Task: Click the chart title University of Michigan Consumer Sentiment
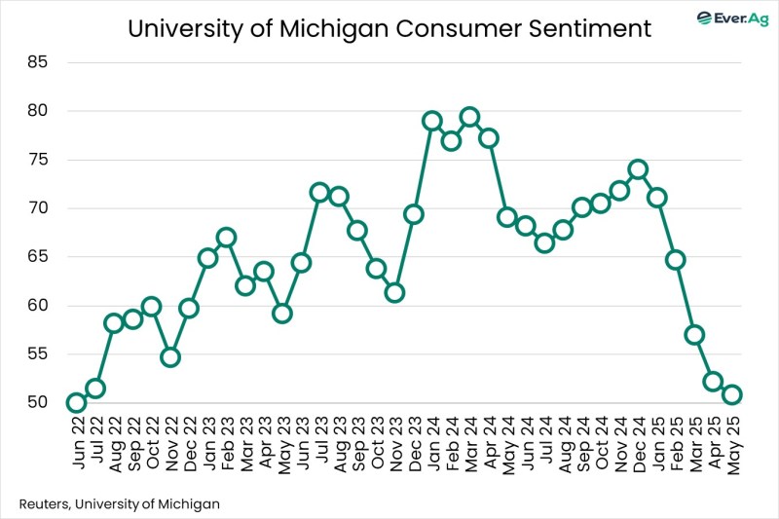[x=389, y=29]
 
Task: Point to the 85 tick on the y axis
[x=46, y=62]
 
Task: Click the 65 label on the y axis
[x=46, y=257]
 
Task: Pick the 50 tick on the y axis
[x=46, y=402]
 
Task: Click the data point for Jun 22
[x=76, y=403]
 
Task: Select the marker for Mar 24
[x=469, y=117]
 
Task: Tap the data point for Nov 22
[x=170, y=357]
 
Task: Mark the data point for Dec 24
[x=638, y=169]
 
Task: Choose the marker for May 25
[x=731, y=394]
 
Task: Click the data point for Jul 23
[x=319, y=193]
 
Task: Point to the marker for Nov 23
[x=394, y=292]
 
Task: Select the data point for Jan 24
[x=432, y=121]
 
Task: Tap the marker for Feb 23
[x=226, y=238]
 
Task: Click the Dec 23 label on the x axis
[x=414, y=443]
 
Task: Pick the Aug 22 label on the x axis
[x=114, y=443]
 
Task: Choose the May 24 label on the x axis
[x=507, y=443]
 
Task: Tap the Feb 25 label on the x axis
[x=676, y=443]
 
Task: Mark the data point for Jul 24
[x=544, y=242]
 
